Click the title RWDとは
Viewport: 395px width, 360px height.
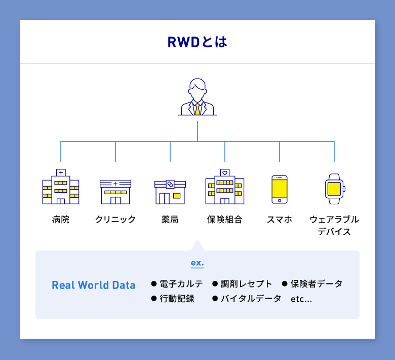point(197,42)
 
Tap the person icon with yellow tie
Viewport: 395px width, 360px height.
point(197,97)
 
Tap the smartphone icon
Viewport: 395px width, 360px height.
point(280,189)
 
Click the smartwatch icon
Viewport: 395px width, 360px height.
point(334,189)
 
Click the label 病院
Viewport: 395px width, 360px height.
point(61,220)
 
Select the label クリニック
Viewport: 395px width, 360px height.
point(115,220)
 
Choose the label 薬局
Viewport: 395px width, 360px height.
point(170,220)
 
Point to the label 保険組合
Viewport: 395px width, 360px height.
point(225,220)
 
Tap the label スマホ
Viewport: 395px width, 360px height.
point(280,220)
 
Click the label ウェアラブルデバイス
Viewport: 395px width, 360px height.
point(334,226)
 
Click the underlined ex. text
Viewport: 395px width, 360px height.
point(197,263)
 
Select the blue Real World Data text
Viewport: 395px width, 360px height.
point(94,285)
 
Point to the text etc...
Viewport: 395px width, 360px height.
point(301,299)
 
